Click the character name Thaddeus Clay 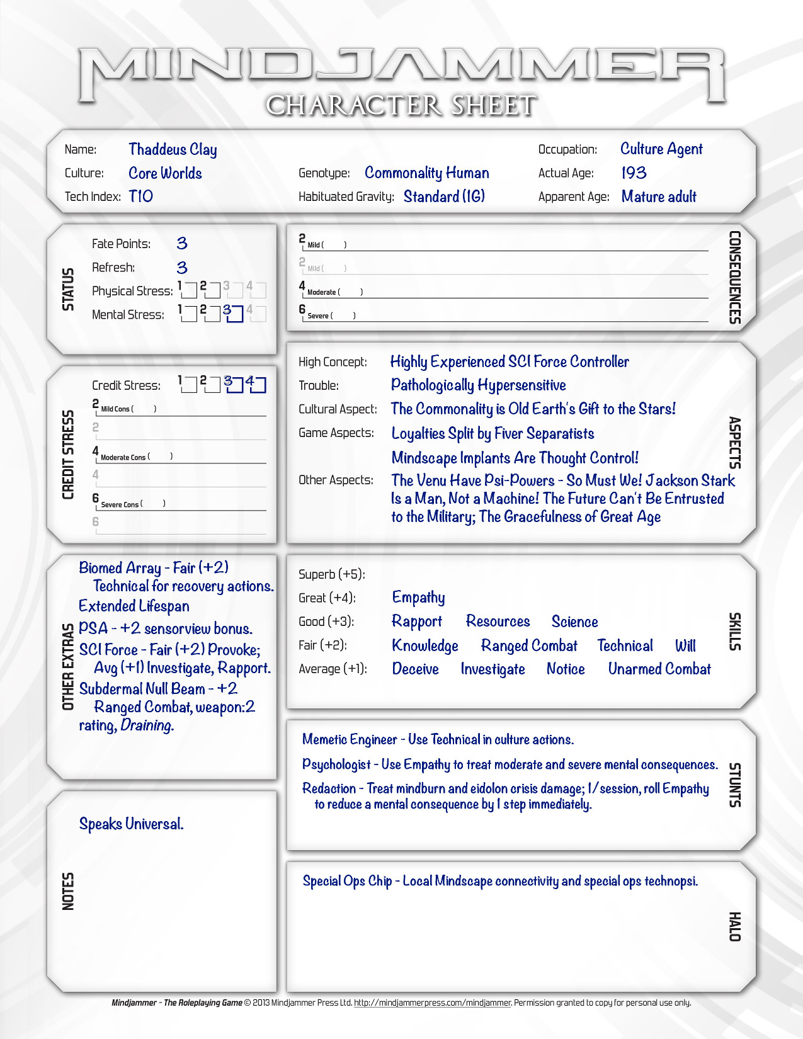click(x=173, y=149)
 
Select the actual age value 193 click(x=634, y=173)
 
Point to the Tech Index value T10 click(x=141, y=196)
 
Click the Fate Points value click(x=182, y=244)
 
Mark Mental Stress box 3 click(x=235, y=314)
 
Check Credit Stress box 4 click(x=258, y=385)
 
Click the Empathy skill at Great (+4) click(x=418, y=597)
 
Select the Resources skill click(x=498, y=622)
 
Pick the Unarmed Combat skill click(x=659, y=669)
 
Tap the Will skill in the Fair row click(x=685, y=645)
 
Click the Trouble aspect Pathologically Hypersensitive click(x=478, y=385)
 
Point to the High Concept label click(x=333, y=362)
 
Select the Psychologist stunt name click(x=336, y=764)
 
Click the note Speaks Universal click(x=131, y=824)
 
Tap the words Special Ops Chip click(x=347, y=881)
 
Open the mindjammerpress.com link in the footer click(x=432, y=1002)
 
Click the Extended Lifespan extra click(x=134, y=606)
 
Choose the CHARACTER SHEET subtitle click(x=401, y=106)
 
